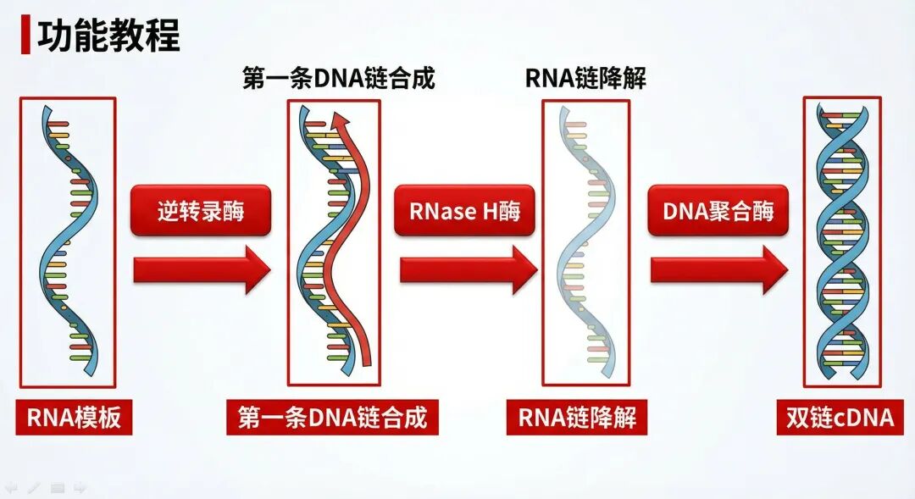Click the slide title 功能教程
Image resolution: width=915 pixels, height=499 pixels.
tap(108, 36)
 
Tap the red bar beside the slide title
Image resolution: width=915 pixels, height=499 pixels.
tap(25, 36)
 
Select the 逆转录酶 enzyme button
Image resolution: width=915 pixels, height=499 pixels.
tap(201, 210)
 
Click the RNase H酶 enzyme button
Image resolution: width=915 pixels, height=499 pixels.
tap(464, 210)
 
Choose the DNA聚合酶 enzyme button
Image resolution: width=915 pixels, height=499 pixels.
tap(718, 210)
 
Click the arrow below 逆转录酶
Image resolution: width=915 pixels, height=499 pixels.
tap(202, 270)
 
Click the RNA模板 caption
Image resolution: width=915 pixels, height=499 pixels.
tap(74, 418)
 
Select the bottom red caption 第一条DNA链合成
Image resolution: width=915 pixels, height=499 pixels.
tap(332, 418)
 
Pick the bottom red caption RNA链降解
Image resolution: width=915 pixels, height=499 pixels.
tap(577, 418)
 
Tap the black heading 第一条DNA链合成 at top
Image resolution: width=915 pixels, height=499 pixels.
tap(338, 79)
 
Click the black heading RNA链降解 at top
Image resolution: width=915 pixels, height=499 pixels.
tap(585, 79)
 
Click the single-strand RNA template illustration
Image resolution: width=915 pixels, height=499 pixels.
tap(68, 241)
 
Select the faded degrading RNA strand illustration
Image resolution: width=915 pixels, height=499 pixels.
tap(585, 241)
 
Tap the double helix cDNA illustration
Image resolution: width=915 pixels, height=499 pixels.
tap(842, 241)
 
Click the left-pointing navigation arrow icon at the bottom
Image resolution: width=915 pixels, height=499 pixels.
tap(11, 487)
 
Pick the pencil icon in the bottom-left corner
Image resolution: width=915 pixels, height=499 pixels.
tap(34, 487)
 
